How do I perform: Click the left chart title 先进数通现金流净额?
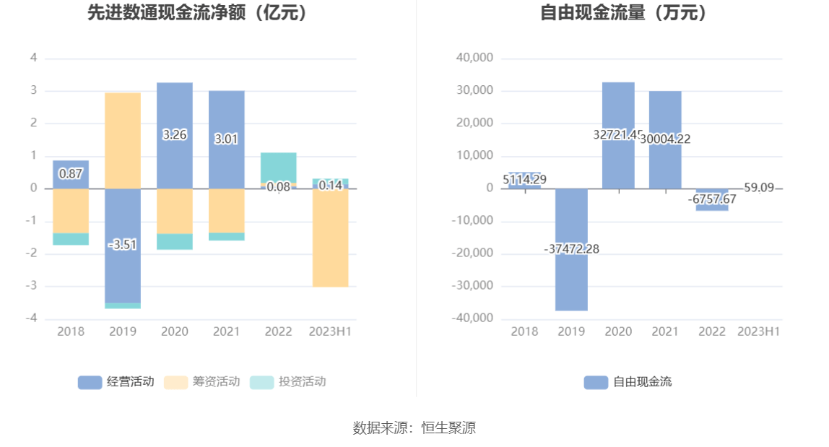click(x=197, y=12)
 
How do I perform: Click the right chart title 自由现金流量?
click(x=624, y=12)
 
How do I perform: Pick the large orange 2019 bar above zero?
click(x=123, y=140)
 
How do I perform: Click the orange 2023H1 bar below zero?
click(x=330, y=238)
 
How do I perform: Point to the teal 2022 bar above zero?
click(x=278, y=167)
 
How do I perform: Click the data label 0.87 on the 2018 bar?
click(x=71, y=174)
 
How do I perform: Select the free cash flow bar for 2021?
click(x=664, y=116)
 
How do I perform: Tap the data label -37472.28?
click(x=571, y=249)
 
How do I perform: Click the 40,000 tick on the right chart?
click(x=474, y=58)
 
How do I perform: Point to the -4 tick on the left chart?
click(x=33, y=318)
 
